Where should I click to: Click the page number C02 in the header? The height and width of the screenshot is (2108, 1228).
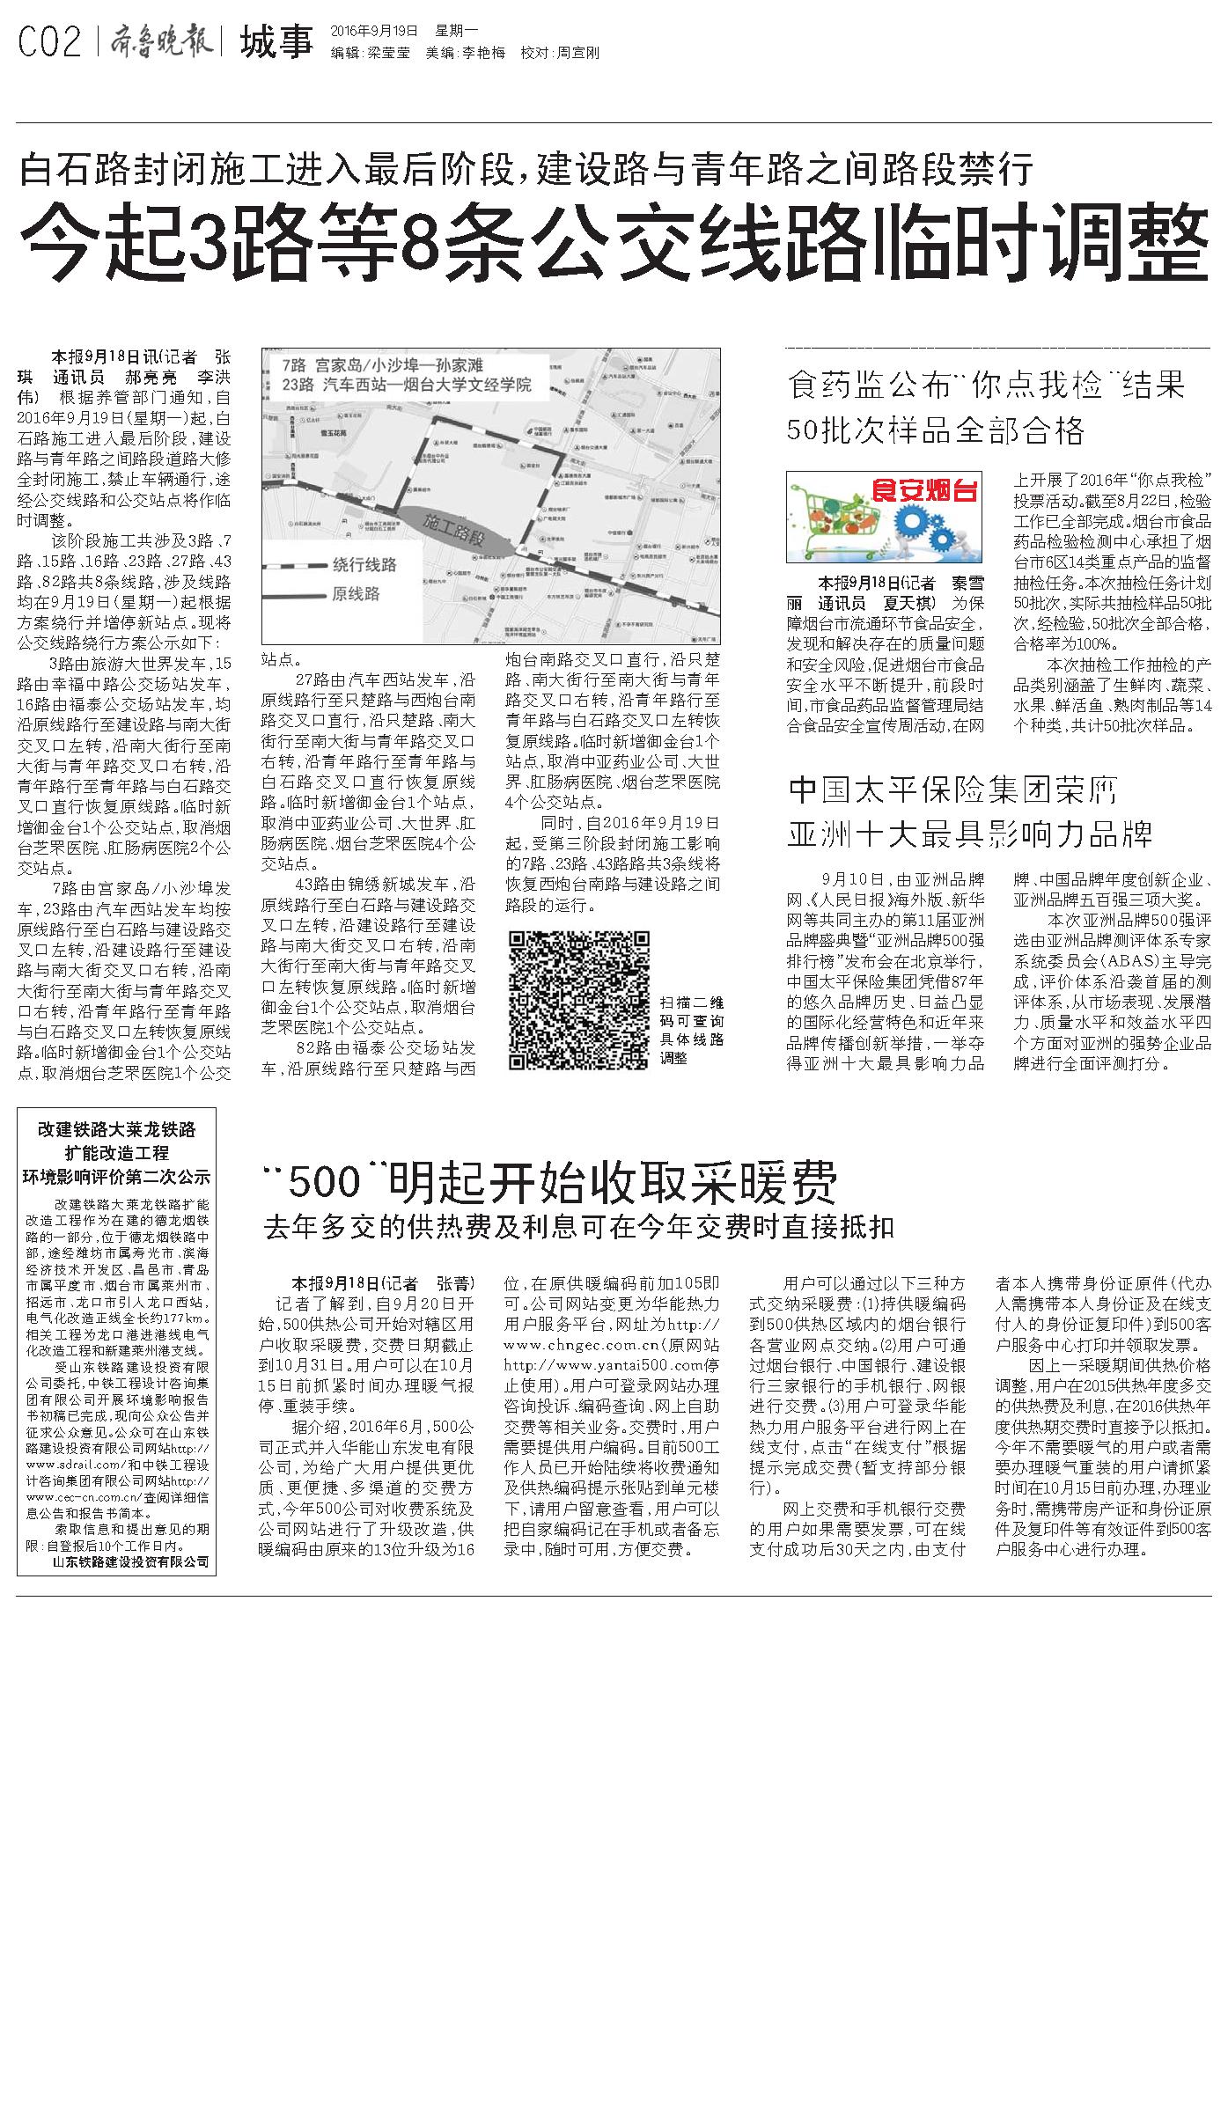pos(49,42)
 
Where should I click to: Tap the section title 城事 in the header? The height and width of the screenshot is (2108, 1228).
pos(276,41)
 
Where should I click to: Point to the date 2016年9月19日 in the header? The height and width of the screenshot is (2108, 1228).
pos(375,30)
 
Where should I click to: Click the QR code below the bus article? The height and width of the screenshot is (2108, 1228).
pos(579,1000)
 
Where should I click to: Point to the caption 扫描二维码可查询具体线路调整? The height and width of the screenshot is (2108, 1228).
pos(692,1030)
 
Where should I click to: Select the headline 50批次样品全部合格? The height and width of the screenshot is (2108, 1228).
pos(936,430)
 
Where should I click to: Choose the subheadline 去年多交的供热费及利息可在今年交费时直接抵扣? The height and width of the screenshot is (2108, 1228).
pos(578,1227)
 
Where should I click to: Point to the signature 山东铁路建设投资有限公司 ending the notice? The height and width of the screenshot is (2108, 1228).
pos(130,1561)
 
